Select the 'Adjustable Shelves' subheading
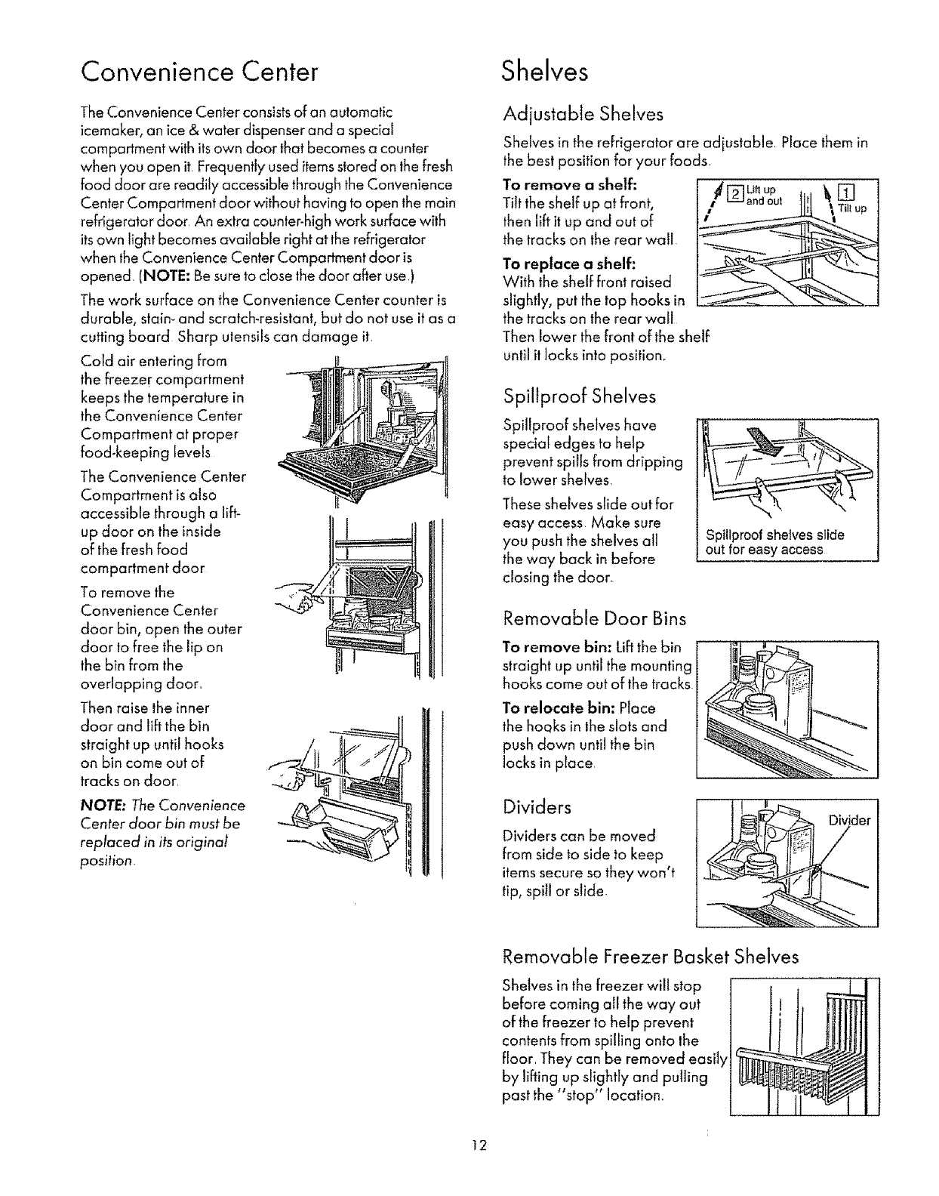point(583,114)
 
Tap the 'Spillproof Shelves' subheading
point(579,396)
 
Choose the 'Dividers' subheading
point(537,807)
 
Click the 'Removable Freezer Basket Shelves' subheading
point(651,957)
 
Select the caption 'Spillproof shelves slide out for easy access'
point(774,542)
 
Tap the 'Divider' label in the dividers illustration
point(849,820)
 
